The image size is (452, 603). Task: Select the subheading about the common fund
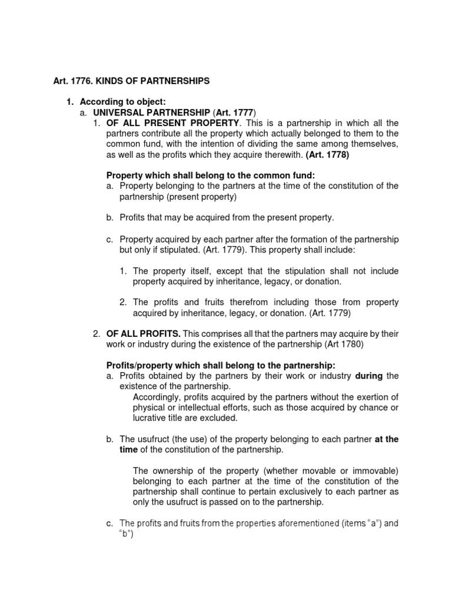[210, 175]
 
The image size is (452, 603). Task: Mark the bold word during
[370, 376]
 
